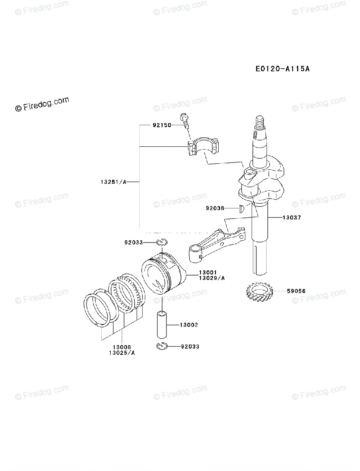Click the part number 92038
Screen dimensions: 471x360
click(214, 208)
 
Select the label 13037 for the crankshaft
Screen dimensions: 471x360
click(292, 217)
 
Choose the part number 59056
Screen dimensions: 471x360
click(296, 291)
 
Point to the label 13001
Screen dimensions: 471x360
click(208, 272)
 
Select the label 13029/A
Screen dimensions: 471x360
click(212, 278)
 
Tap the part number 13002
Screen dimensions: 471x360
click(189, 325)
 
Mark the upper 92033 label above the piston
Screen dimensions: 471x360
click(133, 243)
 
